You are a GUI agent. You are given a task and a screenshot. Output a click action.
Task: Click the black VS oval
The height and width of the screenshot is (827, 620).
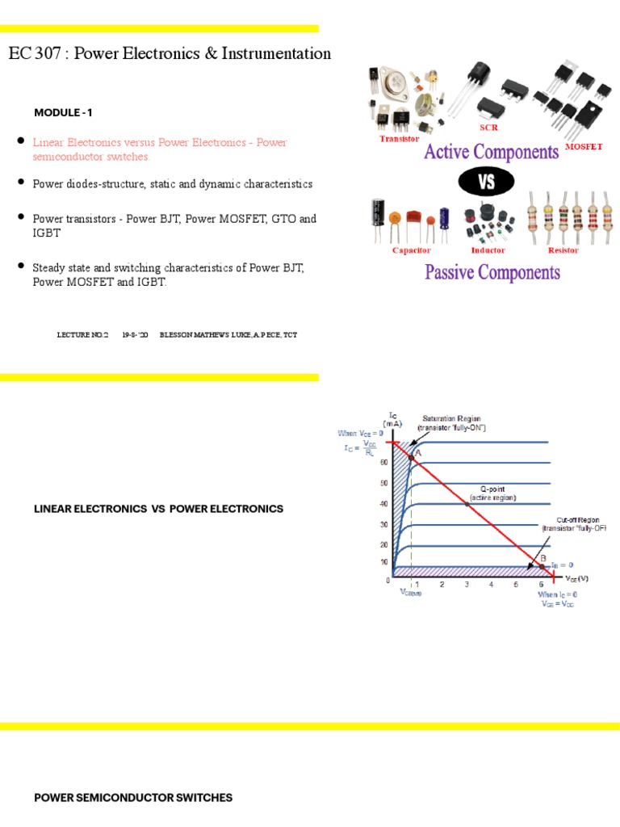coord(487,183)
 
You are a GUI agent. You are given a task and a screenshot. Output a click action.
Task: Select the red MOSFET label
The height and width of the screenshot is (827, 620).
coord(584,147)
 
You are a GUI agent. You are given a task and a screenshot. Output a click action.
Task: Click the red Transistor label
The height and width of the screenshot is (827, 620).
coord(400,139)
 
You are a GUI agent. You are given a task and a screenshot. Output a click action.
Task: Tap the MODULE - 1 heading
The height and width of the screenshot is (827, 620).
coord(69,112)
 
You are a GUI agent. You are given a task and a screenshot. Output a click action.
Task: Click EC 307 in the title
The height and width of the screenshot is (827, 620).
coord(30,54)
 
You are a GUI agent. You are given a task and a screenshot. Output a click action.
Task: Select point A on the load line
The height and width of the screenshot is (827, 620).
coord(411,457)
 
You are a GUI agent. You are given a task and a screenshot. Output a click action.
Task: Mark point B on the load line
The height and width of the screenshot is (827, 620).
coord(541,566)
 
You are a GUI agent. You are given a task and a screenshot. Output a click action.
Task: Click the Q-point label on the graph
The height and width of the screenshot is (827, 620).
coord(492,493)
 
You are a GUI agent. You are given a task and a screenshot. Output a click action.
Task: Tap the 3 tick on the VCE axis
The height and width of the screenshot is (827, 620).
coord(467,584)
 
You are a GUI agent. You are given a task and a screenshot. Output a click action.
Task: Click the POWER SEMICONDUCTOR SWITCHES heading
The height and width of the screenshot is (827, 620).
coord(133,798)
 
